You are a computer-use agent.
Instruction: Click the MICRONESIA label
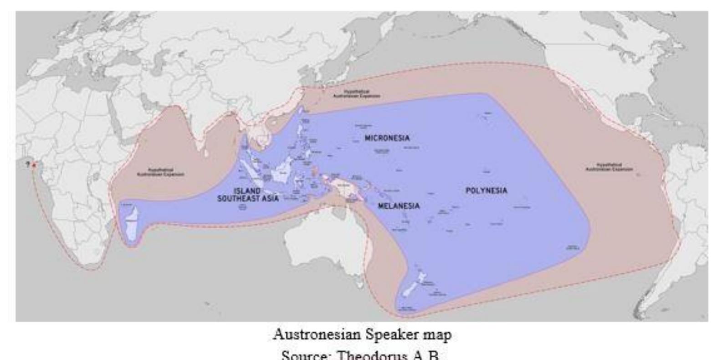point(387,138)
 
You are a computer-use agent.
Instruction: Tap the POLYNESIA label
point(486,190)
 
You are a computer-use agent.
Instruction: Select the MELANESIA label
point(399,206)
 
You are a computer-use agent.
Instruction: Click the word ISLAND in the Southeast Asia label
point(247,191)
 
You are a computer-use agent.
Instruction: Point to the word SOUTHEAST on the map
point(237,199)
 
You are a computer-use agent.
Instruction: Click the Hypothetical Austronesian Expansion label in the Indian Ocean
point(161,172)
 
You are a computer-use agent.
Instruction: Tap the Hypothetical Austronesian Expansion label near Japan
point(357,94)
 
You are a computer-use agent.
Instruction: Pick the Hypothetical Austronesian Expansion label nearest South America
point(609,167)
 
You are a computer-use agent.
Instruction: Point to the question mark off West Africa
point(28,164)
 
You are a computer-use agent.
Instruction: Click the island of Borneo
point(282,173)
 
